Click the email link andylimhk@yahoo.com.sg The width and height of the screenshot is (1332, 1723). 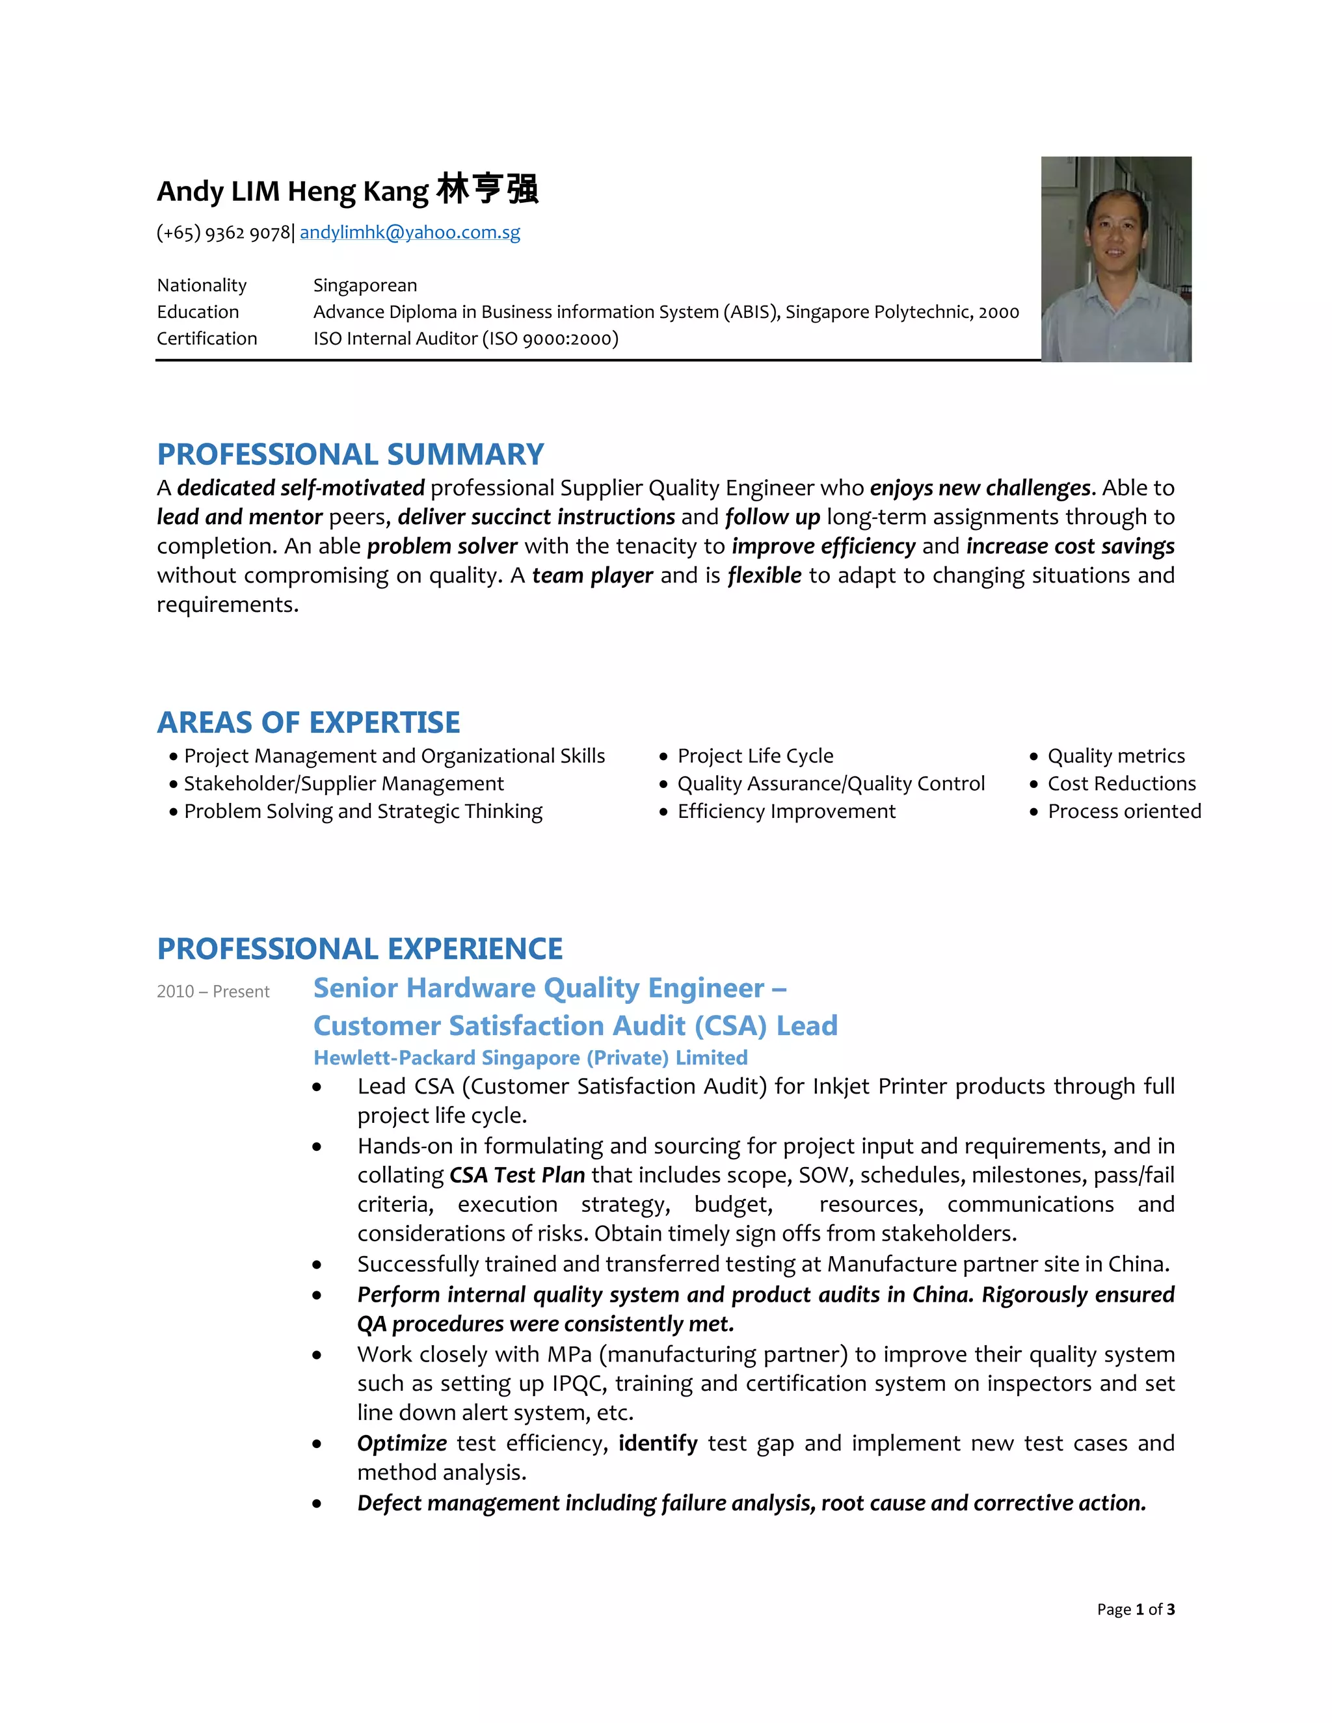410,232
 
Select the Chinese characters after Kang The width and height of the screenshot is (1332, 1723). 487,190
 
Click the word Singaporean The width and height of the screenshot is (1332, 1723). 365,285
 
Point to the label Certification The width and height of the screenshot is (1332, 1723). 207,339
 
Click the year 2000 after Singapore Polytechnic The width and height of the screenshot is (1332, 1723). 998,311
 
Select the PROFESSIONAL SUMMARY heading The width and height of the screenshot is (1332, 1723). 351,454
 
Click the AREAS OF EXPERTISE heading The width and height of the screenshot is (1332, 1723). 308,722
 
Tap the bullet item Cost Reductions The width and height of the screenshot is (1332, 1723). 1121,783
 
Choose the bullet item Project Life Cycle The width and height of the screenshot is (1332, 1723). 755,756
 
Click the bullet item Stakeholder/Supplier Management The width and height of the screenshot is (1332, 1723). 343,783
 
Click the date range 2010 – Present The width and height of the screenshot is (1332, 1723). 213,992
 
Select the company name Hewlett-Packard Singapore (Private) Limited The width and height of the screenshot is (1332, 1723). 530,1057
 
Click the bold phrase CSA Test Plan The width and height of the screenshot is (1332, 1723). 517,1176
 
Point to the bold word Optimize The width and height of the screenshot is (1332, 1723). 402,1443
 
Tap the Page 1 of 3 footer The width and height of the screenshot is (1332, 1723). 1135,1609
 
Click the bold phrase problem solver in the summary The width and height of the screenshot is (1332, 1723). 442,546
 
